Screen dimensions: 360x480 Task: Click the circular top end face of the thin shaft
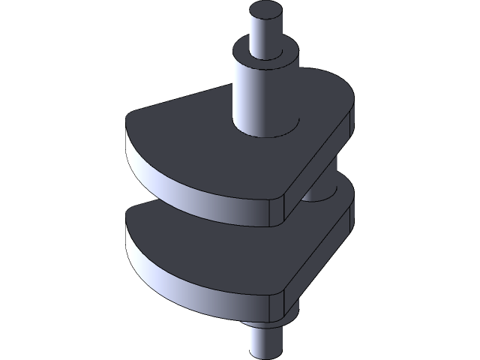pos(265,13)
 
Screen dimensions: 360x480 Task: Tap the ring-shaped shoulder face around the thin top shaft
pos(251,55)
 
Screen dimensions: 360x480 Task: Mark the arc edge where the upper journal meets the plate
pos(270,136)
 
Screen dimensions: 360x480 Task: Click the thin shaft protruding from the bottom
pos(266,345)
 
